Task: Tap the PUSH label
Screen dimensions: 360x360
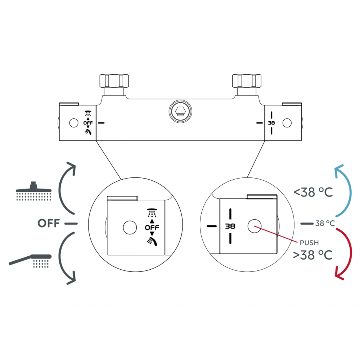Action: [x=309, y=243]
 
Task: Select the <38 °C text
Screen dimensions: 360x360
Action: [x=313, y=193]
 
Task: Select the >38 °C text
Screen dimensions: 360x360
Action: [x=312, y=255]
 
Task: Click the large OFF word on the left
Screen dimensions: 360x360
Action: [x=49, y=223]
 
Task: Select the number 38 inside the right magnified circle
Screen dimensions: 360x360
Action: [x=230, y=226]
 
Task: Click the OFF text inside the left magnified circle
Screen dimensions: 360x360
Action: [x=152, y=228]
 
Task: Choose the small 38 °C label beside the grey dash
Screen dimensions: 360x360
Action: [x=325, y=223]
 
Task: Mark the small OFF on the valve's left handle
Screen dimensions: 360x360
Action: [x=88, y=123]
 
